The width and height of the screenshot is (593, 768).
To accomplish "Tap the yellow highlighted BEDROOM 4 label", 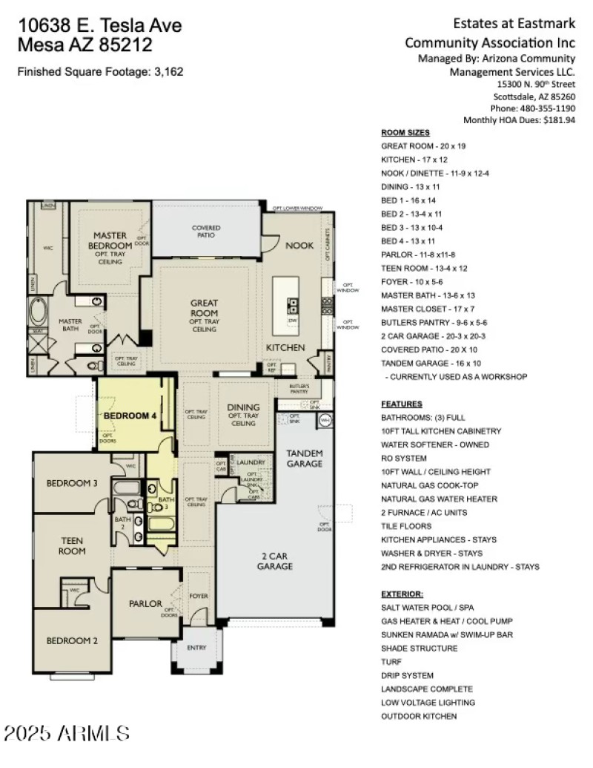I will [130, 416].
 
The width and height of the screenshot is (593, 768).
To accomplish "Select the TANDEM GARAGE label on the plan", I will [305, 458].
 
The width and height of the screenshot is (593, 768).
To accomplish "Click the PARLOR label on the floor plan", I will [145, 603].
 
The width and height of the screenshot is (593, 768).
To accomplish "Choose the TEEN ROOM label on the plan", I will [72, 545].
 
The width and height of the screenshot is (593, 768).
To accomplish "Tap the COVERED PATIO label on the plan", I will [206, 232].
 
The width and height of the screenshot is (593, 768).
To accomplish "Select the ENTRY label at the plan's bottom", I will [196, 647].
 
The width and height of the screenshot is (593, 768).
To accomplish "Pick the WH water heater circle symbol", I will [325, 421].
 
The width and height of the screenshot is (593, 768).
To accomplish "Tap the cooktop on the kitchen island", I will [293, 305].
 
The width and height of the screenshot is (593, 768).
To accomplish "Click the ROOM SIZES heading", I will [405, 133].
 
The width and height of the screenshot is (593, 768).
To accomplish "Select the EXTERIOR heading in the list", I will [402, 594].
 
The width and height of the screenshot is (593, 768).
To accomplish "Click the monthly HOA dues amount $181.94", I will [559, 119].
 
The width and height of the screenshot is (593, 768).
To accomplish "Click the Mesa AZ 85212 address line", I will [85, 45].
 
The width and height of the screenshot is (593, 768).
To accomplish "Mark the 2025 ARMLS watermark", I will [67, 734].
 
